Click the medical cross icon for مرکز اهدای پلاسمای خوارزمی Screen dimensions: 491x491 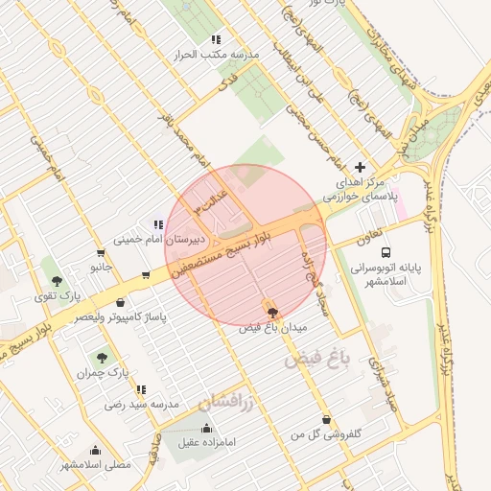pyautogui.click(x=360, y=167)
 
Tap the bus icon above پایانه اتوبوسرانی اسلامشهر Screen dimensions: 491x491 pyautogui.click(x=386, y=253)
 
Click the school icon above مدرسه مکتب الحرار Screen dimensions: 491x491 pyautogui.click(x=216, y=39)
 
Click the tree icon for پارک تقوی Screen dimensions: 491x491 pyautogui.click(x=58, y=280)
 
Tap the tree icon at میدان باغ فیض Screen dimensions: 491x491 pyautogui.click(x=272, y=312)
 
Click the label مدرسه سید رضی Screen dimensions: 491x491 pyautogui.click(x=142, y=406)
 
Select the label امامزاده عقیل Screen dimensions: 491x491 pyautogui.click(x=218, y=445)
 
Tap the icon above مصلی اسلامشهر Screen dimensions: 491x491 pyautogui.click(x=95, y=450)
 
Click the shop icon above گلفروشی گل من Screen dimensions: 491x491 pyautogui.click(x=329, y=419)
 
